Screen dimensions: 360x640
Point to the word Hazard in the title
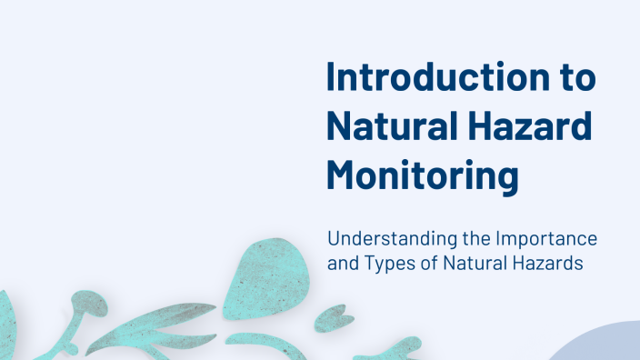coord(527,127)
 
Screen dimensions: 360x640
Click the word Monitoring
coord(422,175)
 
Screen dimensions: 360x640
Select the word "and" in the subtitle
coord(343,265)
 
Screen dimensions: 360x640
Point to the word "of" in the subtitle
coord(432,265)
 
